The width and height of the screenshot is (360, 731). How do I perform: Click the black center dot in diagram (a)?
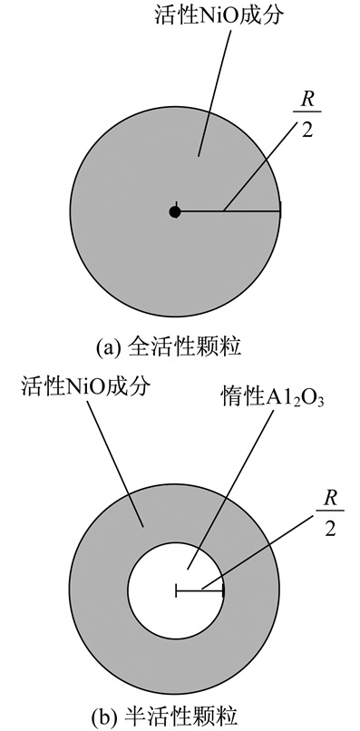(175, 212)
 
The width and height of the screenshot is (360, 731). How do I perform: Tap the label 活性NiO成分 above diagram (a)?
(219, 15)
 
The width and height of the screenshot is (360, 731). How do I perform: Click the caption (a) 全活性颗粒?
(169, 348)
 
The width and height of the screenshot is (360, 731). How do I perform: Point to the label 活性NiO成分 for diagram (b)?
(86, 386)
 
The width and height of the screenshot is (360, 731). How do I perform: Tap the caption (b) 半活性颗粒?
(169, 717)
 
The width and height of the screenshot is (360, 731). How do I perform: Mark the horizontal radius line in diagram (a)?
(229, 212)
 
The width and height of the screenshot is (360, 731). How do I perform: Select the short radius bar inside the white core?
(199, 590)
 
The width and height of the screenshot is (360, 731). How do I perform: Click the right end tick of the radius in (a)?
(280, 212)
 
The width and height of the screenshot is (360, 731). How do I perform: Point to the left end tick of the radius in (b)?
(176, 590)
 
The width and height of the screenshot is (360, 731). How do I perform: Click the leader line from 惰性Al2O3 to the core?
(229, 491)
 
